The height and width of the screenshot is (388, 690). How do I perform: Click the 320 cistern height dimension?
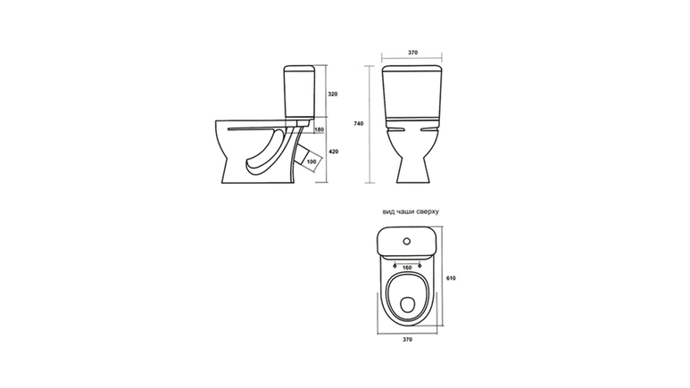coord(333,94)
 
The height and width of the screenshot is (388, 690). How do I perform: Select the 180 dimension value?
coord(319,129)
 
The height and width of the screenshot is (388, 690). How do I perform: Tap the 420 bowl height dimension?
coord(334,152)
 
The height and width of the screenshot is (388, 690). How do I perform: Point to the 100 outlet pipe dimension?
coord(312,161)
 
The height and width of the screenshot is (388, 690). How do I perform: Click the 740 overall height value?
coord(359,124)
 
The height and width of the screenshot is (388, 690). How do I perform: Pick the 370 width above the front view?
coord(412,53)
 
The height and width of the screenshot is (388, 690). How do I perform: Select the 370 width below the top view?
coord(408,339)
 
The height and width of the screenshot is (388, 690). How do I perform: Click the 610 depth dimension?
coord(451,278)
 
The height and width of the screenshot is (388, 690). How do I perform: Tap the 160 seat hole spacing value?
coord(407,268)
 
